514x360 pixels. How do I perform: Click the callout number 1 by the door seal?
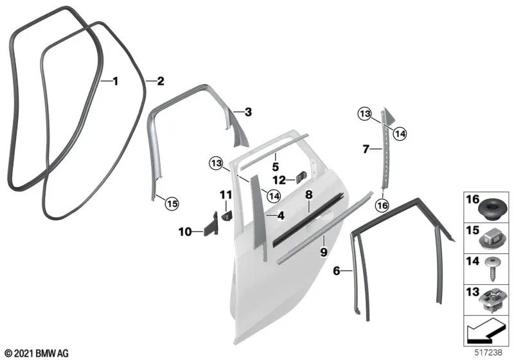pos(115,81)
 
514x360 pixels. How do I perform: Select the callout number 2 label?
pos(160,81)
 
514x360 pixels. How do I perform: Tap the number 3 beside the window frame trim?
pos(248,112)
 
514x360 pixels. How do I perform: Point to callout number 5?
pos(276,167)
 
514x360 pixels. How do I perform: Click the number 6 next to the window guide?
pos(337,271)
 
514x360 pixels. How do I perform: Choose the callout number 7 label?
pos(366,149)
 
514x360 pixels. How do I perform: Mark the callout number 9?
pos(324,252)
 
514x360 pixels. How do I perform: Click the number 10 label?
pos(185,232)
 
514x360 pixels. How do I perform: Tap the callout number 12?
pos(279,180)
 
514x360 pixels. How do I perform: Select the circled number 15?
pos(172,204)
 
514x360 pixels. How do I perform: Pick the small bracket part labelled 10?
pos(211,224)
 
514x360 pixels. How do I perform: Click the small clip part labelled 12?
pos(301,177)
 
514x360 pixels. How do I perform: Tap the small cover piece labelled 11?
pos(227,216)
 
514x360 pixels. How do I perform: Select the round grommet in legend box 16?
pos(490,210)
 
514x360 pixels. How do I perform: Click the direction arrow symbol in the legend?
pos(485,330)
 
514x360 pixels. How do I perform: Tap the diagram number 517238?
pos(488,353)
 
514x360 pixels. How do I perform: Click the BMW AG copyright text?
pos(37,354)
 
